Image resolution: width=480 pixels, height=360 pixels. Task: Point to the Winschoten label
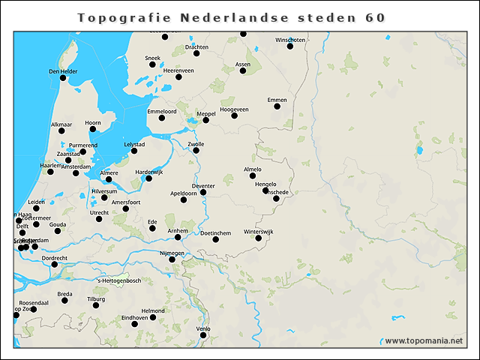290,39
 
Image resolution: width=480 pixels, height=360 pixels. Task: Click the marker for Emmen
277,106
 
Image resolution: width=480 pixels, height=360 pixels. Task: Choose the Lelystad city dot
134,151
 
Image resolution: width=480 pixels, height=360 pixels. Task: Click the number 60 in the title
376,16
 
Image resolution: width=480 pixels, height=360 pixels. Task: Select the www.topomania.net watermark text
424,341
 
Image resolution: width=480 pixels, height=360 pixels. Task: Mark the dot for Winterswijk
259,238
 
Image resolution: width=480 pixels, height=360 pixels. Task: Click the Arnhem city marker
178,238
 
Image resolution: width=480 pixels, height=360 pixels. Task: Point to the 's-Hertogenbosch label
119,280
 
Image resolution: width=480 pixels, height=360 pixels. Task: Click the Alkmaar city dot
61,130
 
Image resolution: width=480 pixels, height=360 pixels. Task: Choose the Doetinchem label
215,233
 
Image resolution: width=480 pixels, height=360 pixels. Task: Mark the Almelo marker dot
253,175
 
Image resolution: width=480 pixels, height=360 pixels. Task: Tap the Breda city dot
64,301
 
